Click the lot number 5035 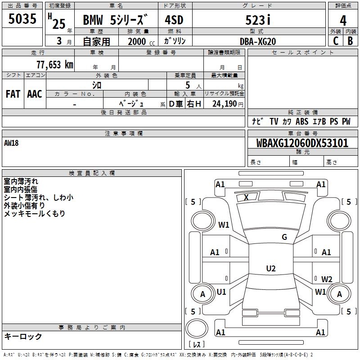[22, 18]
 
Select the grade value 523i [258, 20]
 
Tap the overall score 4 [343, 20]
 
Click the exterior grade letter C [336, 41]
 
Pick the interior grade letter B [350, 41]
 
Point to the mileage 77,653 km [55, 64]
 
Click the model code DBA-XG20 [258, 41]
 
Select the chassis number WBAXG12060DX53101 [302, 143]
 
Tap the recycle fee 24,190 [224, 104]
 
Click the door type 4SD [174, 20]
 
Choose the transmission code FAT [13, 94]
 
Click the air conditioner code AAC [35, 94]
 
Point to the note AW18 [11, 143]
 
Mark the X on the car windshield [246, 197]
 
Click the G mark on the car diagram [284, 237]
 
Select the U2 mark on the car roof [271, 268]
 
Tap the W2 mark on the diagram [327, 279]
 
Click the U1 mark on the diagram [221, 292]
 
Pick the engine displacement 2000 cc [141, 41]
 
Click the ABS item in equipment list [302, 121]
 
